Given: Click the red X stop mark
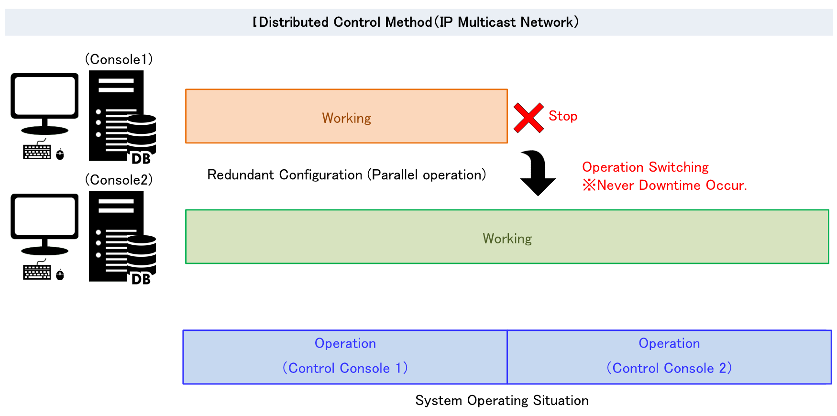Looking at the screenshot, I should tap(528, 118).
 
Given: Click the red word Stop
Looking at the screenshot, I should tap(563, 116).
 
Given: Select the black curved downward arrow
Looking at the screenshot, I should tap(537, 173).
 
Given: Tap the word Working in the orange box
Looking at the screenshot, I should tap(346, 118).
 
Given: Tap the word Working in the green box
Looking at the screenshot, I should tap(507, 239).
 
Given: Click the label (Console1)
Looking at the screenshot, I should tap(119, 59).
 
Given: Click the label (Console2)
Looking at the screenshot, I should tap(119, 180).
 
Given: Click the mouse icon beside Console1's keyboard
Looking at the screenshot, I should tap(60, 154).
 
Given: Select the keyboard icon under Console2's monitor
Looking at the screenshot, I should tap(37, 272).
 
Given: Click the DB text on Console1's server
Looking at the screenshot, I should tap(141, 159).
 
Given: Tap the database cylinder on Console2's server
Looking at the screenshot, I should tap(142, 251).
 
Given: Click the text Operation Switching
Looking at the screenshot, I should tap(645, 167).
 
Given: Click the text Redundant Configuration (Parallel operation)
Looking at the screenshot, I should tap(346, 175).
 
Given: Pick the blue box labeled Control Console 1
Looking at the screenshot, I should tap(345, 357).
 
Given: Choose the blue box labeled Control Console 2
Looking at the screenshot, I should tap(669, 357).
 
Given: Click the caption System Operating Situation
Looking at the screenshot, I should tap(502, 401).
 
